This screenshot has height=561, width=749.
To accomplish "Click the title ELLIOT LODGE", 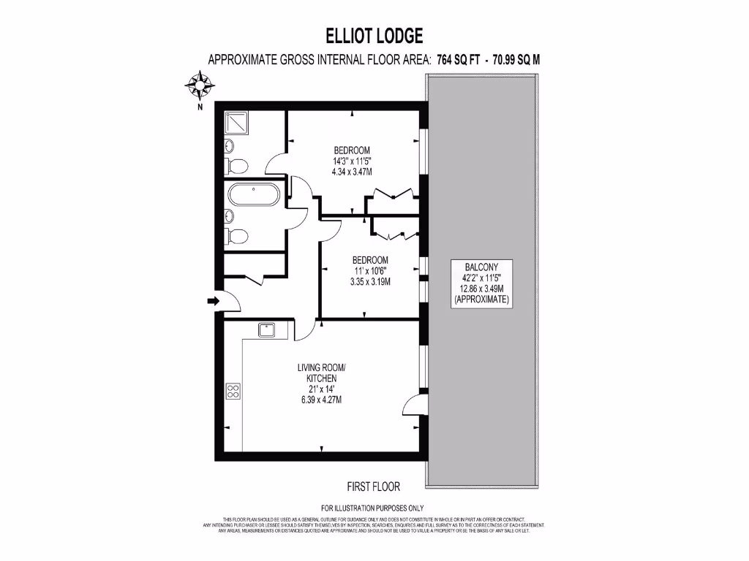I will click(374, 36).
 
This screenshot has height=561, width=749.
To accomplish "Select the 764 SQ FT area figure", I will click(458, 61).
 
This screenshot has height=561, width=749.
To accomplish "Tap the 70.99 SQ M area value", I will click(516, 61).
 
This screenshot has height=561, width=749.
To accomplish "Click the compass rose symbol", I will click(199, 86).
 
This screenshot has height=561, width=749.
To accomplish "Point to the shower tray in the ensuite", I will click(236, 121).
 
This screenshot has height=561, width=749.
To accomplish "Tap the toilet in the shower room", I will click(236, 163).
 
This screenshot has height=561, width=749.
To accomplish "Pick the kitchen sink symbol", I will click(267, 329).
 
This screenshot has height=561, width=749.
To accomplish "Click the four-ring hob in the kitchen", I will click(233, 392).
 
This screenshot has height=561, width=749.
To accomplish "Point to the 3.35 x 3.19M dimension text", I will click(370, 281).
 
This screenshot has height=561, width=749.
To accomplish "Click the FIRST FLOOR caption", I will click(373, 486).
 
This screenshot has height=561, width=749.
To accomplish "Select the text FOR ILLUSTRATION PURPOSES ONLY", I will click(372, 508).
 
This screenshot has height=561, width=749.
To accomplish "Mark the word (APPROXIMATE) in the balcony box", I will click(481, 299).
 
